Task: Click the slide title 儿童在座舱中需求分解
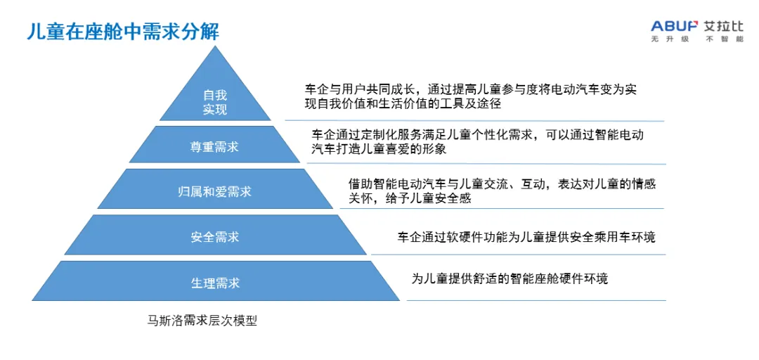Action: click(123, 32)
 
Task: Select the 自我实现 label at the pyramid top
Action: click(215, 102)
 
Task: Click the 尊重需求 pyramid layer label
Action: click(214, 147)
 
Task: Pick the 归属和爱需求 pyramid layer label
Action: click(214, 191)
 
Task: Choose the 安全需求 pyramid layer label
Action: click(215, 237)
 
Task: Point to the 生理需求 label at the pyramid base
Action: click(215, 283)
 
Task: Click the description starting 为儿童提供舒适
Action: click(510, 278)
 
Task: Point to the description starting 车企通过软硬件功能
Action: click(526, 237)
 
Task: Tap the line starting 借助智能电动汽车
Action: click(502, 184)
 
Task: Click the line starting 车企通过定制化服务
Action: click(478, 134)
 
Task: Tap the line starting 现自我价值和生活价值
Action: click(402, 104)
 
